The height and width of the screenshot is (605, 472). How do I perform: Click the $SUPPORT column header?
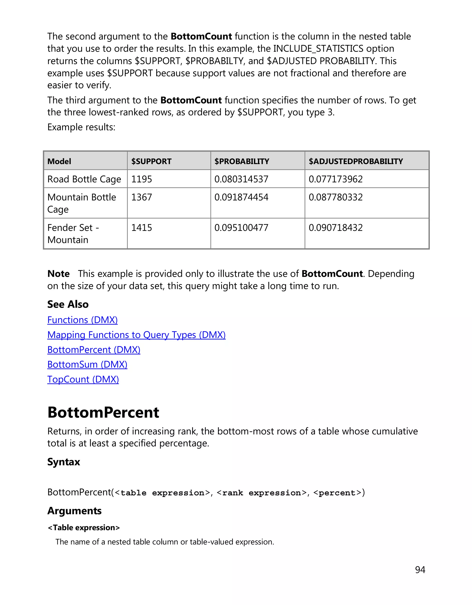tap(151, 161)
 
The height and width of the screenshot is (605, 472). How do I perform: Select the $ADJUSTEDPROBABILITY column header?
tap(356, 161)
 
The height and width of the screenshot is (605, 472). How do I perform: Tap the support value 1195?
tap(142, 179)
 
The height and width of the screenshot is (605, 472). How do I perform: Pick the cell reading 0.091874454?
tap(241, 197)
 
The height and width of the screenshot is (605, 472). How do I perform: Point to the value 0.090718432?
tap(335, 228)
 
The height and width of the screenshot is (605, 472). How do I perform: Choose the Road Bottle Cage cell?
tap(84, 179)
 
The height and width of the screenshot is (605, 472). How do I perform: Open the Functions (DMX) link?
tap(83, 320)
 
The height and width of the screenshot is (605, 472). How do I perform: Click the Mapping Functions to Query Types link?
tap(136, 335)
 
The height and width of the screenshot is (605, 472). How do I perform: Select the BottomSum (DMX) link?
tap(87, 365)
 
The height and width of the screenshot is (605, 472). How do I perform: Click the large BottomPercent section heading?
tap(103, 413)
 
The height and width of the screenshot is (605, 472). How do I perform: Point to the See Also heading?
tap(68, 304)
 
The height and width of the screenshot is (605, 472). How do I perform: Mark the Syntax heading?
tap(63, 462)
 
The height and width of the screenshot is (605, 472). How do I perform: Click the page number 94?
tap(420, 570)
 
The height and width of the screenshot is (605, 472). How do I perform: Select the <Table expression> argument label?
tap(84, 528)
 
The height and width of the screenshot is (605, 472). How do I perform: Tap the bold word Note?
tap(59, 274)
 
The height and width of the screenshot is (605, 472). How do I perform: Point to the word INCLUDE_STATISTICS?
tap(318, 48)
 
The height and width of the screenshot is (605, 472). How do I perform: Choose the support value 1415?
tap(142, 228)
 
